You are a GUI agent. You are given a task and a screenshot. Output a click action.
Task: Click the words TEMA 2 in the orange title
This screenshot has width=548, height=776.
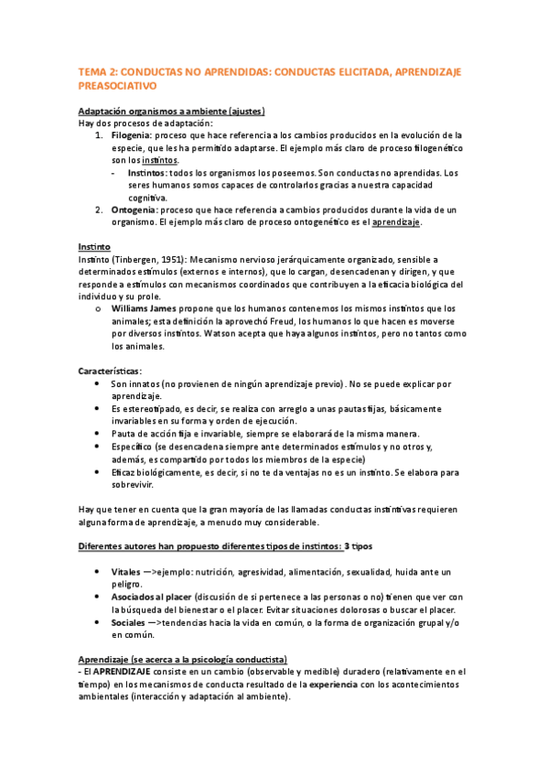tap(95, 70)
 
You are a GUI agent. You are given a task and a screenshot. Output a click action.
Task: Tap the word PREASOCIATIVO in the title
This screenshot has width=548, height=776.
tap(117, 85)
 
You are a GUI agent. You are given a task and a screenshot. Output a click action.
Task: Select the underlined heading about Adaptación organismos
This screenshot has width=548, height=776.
tap(171, 111)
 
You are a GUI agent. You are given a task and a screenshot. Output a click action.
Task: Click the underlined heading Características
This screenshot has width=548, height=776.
tap(109, 372)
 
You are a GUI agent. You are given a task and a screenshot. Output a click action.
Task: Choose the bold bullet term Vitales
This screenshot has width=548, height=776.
tap(126, 572)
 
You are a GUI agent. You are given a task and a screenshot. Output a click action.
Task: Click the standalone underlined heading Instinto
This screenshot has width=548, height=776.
tap(94, 247)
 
